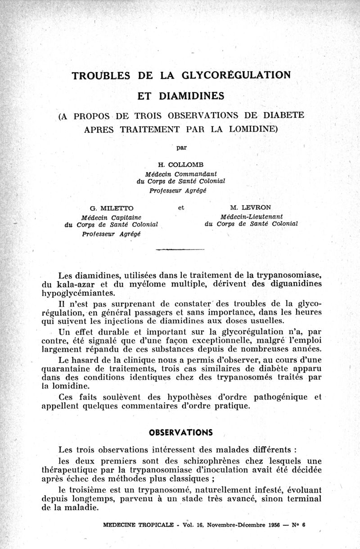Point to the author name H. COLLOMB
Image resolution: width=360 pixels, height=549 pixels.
coord(180,164)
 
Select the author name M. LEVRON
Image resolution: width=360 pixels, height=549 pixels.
coord(250,208)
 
